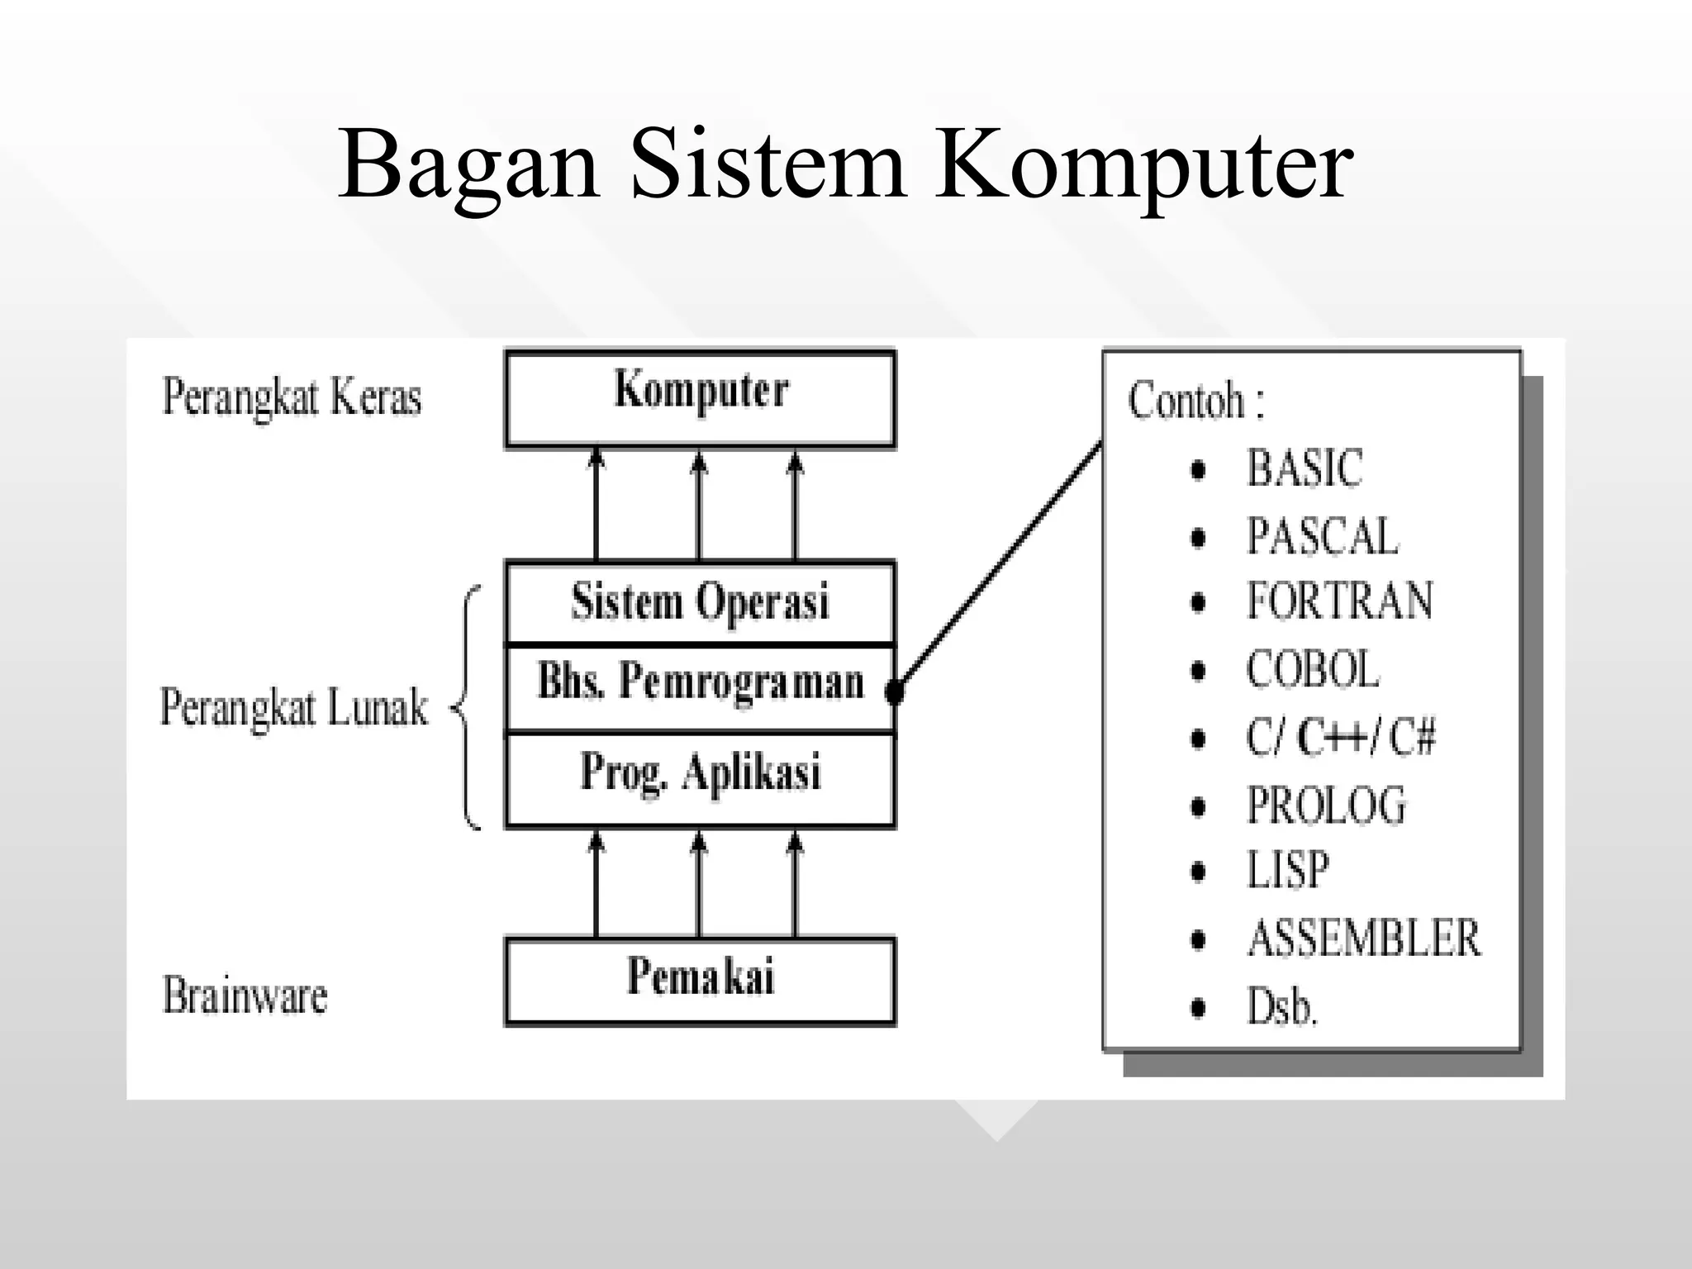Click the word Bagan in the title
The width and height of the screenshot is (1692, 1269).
tap(468, 165)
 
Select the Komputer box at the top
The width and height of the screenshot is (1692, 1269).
tap(700, 399)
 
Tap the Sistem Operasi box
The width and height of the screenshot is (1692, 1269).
tap(700, 602)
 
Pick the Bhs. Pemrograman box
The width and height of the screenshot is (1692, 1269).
tap(700, 686)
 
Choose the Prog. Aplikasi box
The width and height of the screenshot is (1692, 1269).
tap(700, 777)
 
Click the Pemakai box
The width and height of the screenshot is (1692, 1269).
tap(700, 980)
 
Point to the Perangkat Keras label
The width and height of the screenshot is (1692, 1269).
tap(292, 397)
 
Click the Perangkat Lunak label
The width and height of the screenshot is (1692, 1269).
tap(294, 708)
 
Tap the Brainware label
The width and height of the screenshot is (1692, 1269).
tap(245, 996)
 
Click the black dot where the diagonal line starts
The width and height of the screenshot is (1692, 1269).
tap(894, 691)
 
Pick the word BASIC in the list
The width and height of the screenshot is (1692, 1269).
tap(1304, 468)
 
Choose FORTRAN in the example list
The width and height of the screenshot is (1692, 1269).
tap(1339, 601)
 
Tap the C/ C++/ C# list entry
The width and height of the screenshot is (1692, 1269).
tap(1340, 737)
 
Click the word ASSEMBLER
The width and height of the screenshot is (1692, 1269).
tap(1364, 939)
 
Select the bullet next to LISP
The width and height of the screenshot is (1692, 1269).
tap(1199, 872)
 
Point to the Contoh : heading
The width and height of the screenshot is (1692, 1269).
tap(1195, 401)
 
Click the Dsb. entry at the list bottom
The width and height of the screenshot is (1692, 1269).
tap(1281, 1007)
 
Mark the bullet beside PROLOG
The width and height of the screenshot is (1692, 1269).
tap(1199, 806)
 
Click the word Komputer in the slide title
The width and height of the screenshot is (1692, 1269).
tap(1143, 165)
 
